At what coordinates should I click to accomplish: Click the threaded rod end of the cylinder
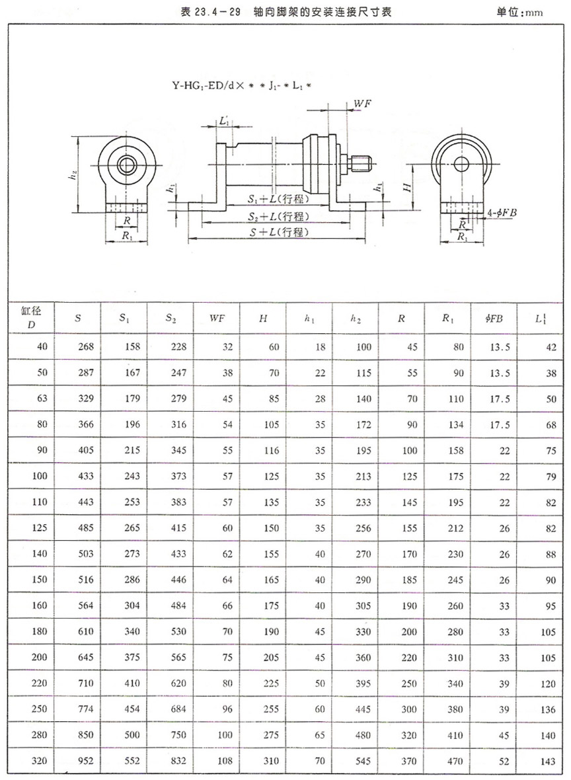[x=362, y=160]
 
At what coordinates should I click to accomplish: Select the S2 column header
[x=171, y=319]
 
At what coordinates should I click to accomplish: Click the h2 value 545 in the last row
[x=362, y=761]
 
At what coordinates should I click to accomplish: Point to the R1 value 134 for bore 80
[x=455, y=426]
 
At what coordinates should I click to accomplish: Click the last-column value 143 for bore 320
[x=547, y=761]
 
